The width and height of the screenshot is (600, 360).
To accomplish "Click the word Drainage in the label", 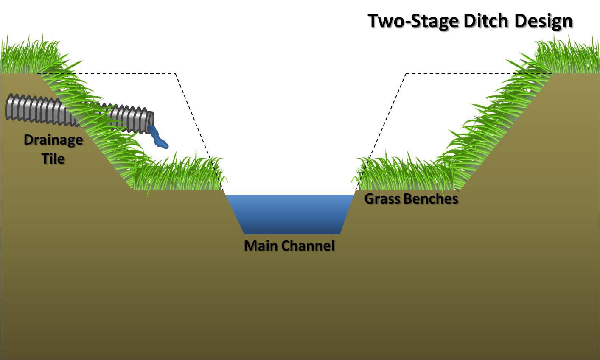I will click(53, 140).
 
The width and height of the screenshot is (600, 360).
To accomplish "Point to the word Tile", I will click(53, 159).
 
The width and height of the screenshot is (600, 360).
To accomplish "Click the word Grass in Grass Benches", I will click(382, 198).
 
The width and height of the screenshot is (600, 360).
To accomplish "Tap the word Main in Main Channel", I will click(260, 246).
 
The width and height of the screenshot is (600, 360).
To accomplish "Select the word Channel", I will click(308, 246).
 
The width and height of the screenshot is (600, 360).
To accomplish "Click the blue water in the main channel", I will click(290, 214).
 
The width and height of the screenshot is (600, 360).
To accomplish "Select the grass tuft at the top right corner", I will click(569, 55).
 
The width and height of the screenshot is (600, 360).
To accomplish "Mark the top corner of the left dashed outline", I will click(175, 74).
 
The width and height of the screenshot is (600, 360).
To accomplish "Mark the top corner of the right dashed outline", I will click(407, 74).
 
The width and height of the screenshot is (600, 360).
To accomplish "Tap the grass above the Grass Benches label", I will click(403, 174).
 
